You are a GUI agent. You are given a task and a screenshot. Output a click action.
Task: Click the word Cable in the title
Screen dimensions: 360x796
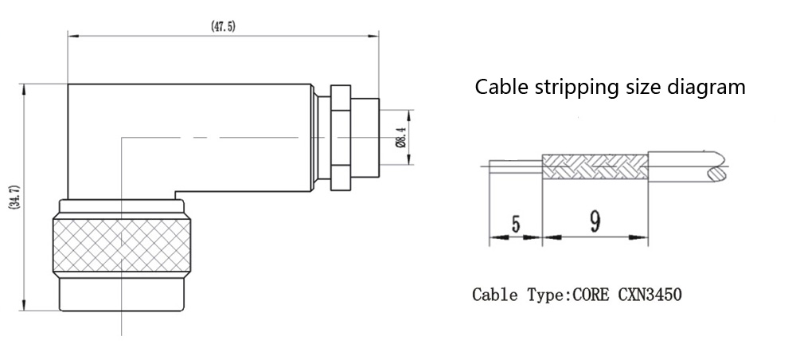click(499, 86)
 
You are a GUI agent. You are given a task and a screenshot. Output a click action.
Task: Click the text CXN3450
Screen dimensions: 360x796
click(649, 295)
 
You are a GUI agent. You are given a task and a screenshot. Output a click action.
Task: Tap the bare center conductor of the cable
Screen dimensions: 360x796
click(514, 167)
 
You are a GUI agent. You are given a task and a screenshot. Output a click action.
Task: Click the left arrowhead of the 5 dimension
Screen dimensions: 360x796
click(494, 237)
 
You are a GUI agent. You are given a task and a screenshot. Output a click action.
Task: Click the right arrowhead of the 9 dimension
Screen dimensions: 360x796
click(642, 237)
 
